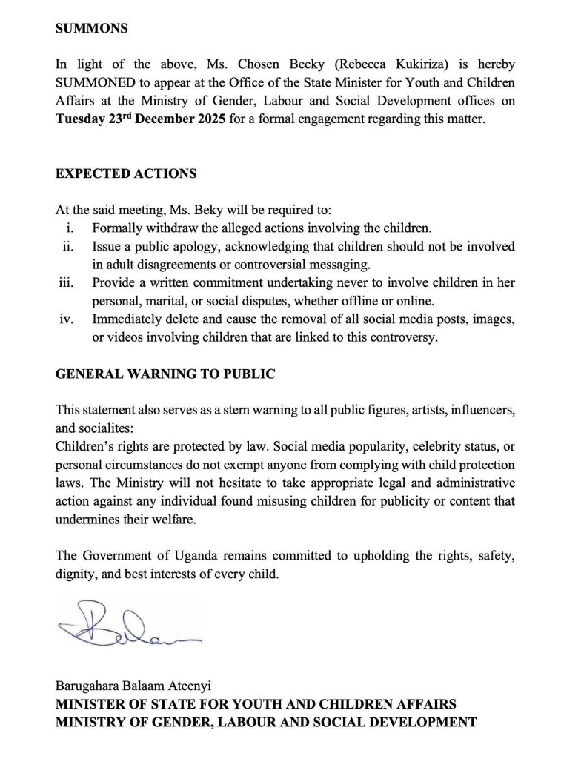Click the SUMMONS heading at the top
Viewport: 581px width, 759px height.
pyautogui.click(x=92, y=30)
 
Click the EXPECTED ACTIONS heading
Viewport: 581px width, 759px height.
pyautogui.click(x=126, y=174)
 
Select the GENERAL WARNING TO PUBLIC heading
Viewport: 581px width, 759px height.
pyautogui.click(x=165, y=374)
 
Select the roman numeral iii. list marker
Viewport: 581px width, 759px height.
pyautogui.click(x=68, y=284)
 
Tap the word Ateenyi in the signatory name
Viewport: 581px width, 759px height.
pyautogui.click(x=209, y=686)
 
